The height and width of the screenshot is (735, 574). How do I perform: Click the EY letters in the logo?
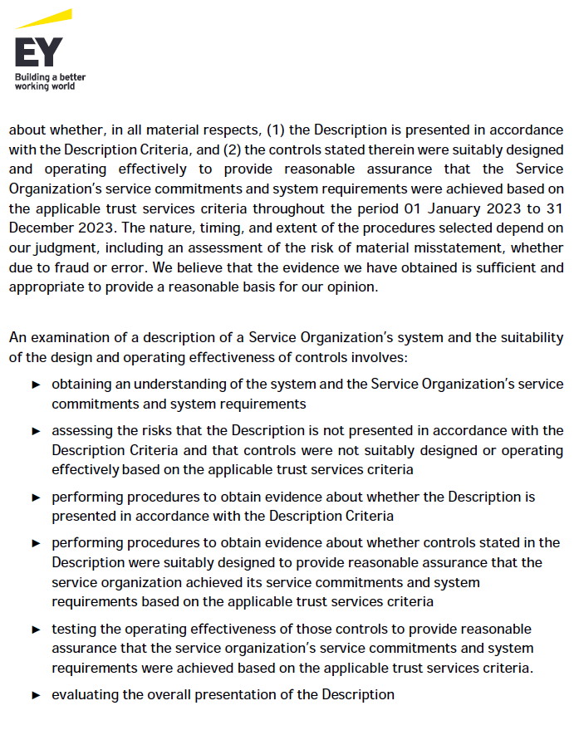[x=38, y=52]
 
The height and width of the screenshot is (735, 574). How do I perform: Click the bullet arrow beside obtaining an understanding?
[x=36, y=385]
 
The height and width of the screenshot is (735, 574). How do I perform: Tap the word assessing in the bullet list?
[x=81, y=430]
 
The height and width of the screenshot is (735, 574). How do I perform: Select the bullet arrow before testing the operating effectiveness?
[x=36, y=629]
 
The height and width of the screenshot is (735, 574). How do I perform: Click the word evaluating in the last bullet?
[x=86, y=694]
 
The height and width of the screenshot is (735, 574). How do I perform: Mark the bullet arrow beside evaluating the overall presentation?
[x=36, y=694]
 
